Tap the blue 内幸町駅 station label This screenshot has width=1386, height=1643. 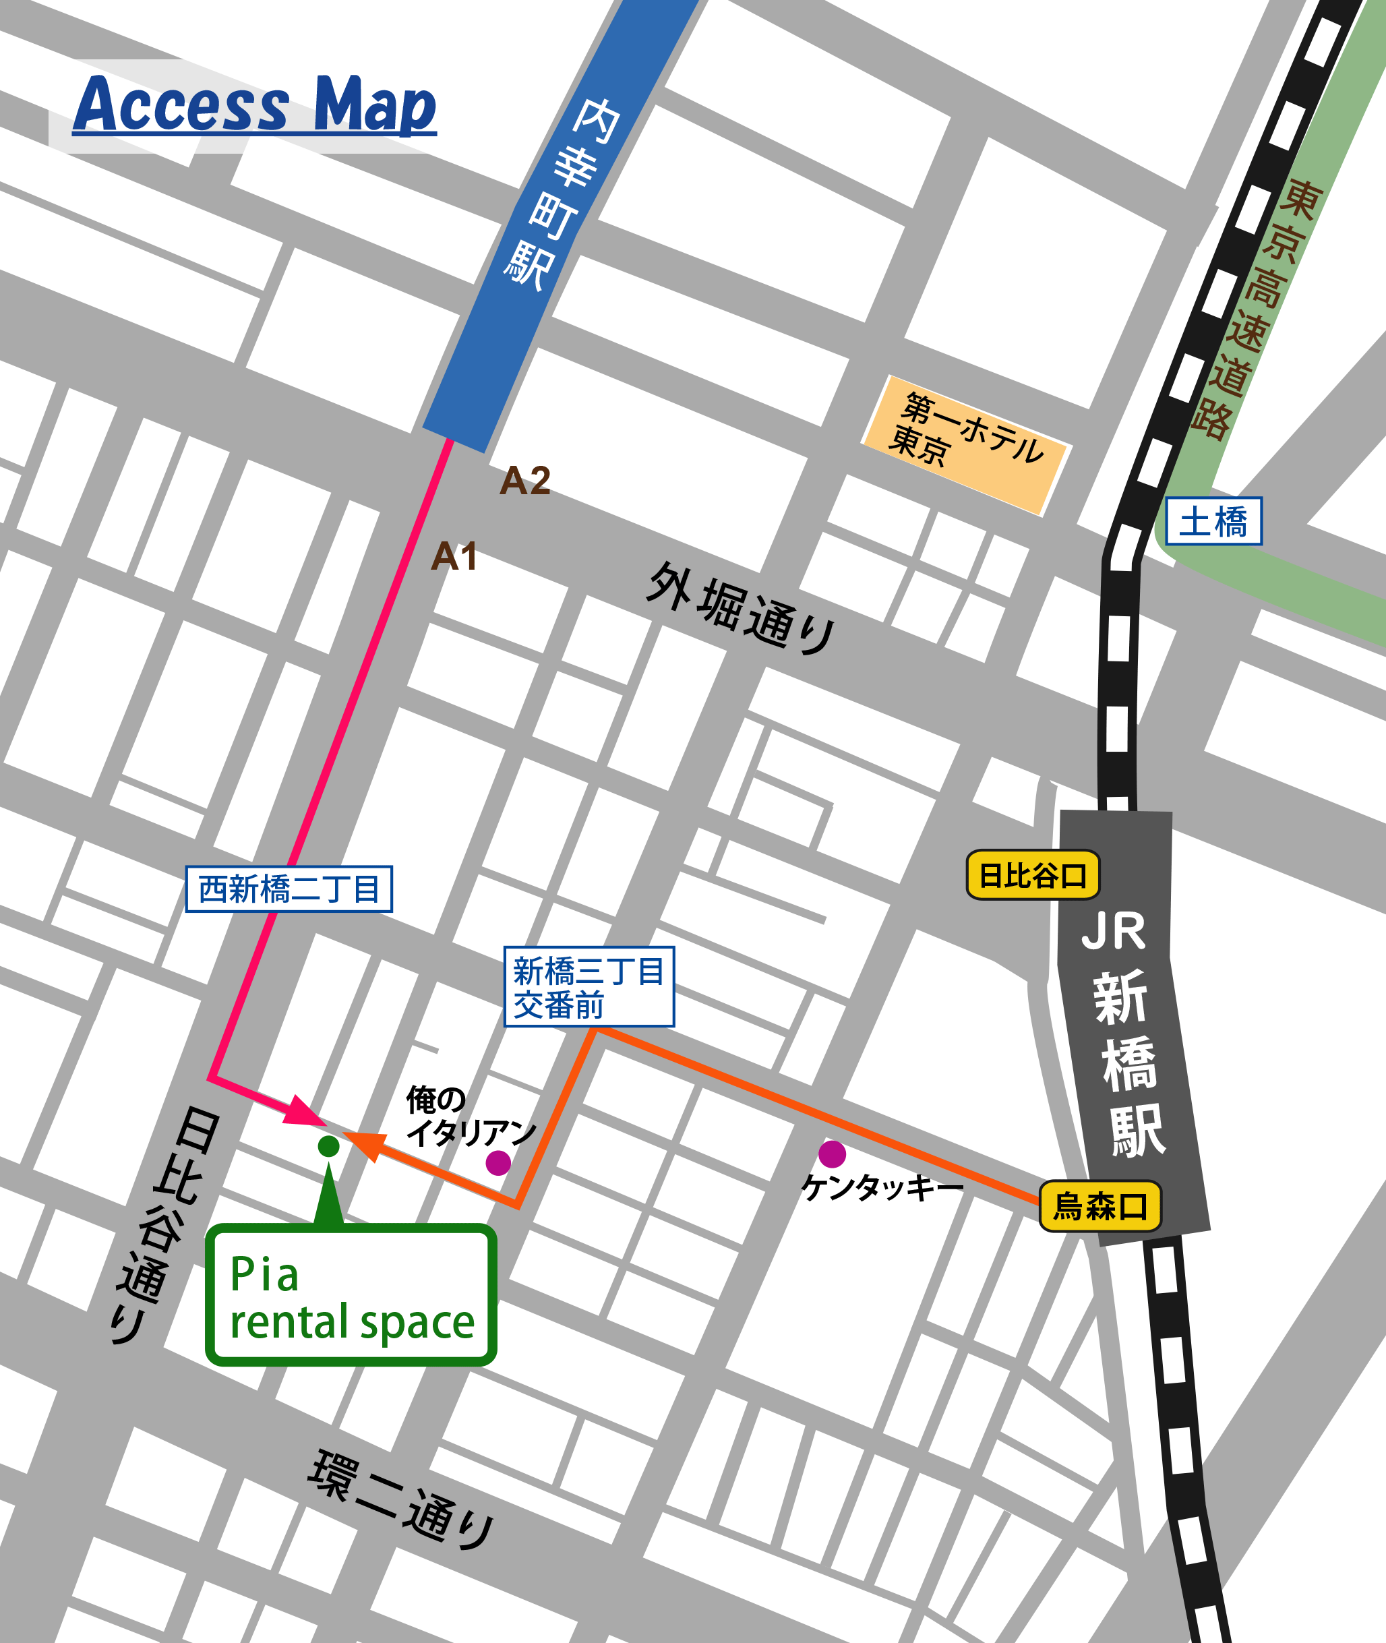(x=562, y=196)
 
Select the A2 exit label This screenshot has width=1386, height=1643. (x=525, y=480)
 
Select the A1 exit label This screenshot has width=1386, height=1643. (x=454, y=556)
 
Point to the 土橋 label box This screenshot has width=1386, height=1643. (x=1213, y=521)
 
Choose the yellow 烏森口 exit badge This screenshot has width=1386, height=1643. (x=1099, y=1206)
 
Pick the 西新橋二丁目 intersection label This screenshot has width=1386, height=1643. (x=289, y=889)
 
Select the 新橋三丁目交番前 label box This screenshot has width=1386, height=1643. (x=589, y=987)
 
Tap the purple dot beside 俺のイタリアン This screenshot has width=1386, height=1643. (x=498, y=1163)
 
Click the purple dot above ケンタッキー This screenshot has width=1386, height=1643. (x=832, y=1154)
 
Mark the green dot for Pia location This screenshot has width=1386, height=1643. (x=328, y=1146)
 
